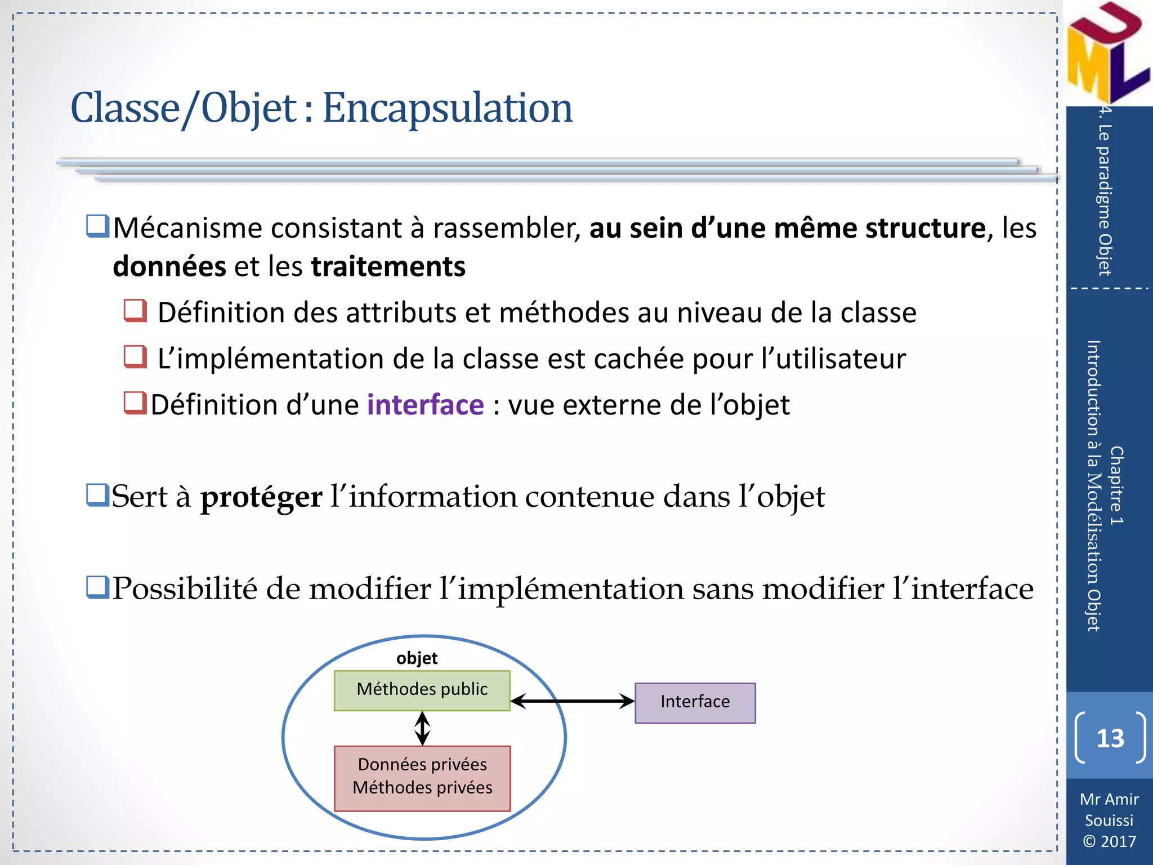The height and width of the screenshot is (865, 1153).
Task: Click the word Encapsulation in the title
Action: click(447, 108)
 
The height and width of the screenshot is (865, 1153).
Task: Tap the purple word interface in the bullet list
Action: click(425, 405)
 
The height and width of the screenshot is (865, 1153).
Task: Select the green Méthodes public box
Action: click(422, 690)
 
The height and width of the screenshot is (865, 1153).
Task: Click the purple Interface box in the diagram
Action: click(695, 702)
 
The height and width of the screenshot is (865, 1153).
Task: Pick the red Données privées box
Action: click(422, 778)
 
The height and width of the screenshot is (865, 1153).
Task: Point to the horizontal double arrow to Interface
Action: click(572, 701)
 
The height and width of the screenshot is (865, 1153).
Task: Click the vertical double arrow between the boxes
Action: click(422, 728)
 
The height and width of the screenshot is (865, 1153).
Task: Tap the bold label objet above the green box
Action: click(417, 658)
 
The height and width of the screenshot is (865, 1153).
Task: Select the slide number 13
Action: click(1110, 738)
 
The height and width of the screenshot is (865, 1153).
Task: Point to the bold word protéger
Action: click(261, 497)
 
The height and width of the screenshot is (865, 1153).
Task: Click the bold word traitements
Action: click(388, 266)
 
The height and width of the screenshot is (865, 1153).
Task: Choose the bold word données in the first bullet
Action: click(169, 266)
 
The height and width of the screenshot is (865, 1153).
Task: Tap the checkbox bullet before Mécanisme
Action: click(97, 226)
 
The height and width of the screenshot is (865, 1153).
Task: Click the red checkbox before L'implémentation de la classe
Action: click(135, 356)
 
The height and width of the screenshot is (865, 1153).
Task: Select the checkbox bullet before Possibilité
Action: click(97, 587)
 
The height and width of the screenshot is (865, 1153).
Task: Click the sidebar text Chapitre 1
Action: click(1116, 485)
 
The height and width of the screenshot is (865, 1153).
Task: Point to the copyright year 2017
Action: click(1118, 841)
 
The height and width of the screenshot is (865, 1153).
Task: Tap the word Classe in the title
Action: click(125, 108)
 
